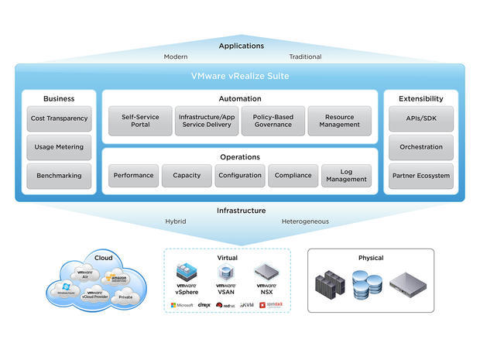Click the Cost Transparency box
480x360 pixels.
[x=59, y=118]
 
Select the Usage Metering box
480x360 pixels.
[x=59, y=147]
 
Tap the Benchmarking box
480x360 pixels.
[x=59, y=176]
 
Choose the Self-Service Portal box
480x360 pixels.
[x=140, y=121]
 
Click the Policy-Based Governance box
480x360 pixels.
[x=273, y=121]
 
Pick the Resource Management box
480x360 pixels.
[x=339, y=121]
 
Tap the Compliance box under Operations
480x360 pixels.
[x=293, y=176]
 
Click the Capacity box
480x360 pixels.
[x=187, y=176]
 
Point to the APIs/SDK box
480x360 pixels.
[x=420, y=118]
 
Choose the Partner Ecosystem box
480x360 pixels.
[x=420, y=176]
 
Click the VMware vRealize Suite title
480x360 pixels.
[x=240, y=77]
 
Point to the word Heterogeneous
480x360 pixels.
[x=305, y=221]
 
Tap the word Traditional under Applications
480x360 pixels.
[x=305, y=57]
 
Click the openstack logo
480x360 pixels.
[x=273, y=305]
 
